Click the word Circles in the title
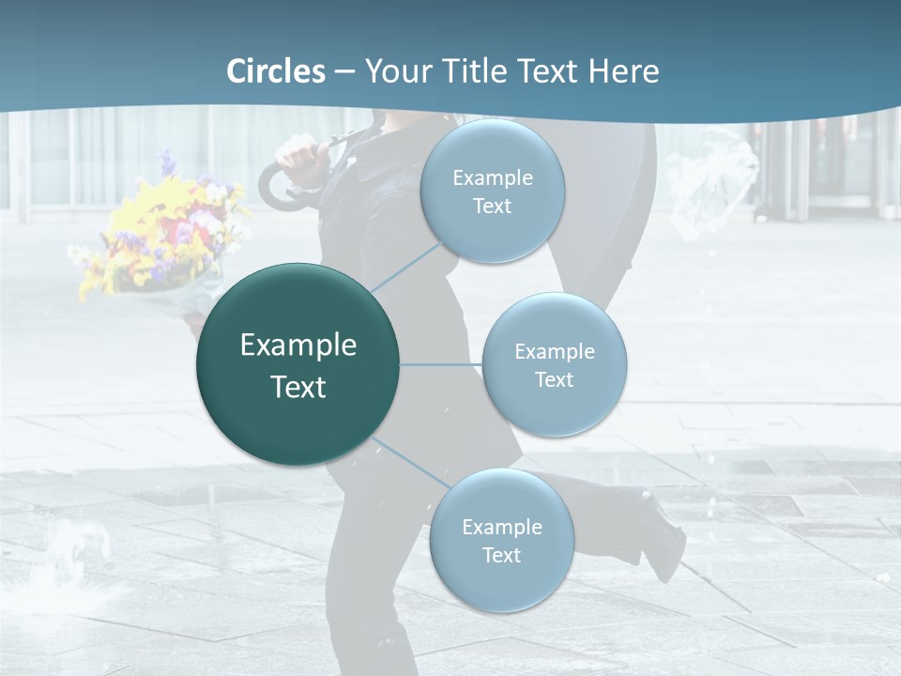click(276, 71)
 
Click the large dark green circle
click(298, 364)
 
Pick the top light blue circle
click(492, 191)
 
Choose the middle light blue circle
click(554, 364)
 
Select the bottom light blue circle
click(501, 540)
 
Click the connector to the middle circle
click(440, 364)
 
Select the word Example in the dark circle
click(298, 345)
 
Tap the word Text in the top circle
click(492, 206)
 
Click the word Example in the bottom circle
click(501, 527)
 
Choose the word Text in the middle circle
click(554, 379)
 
